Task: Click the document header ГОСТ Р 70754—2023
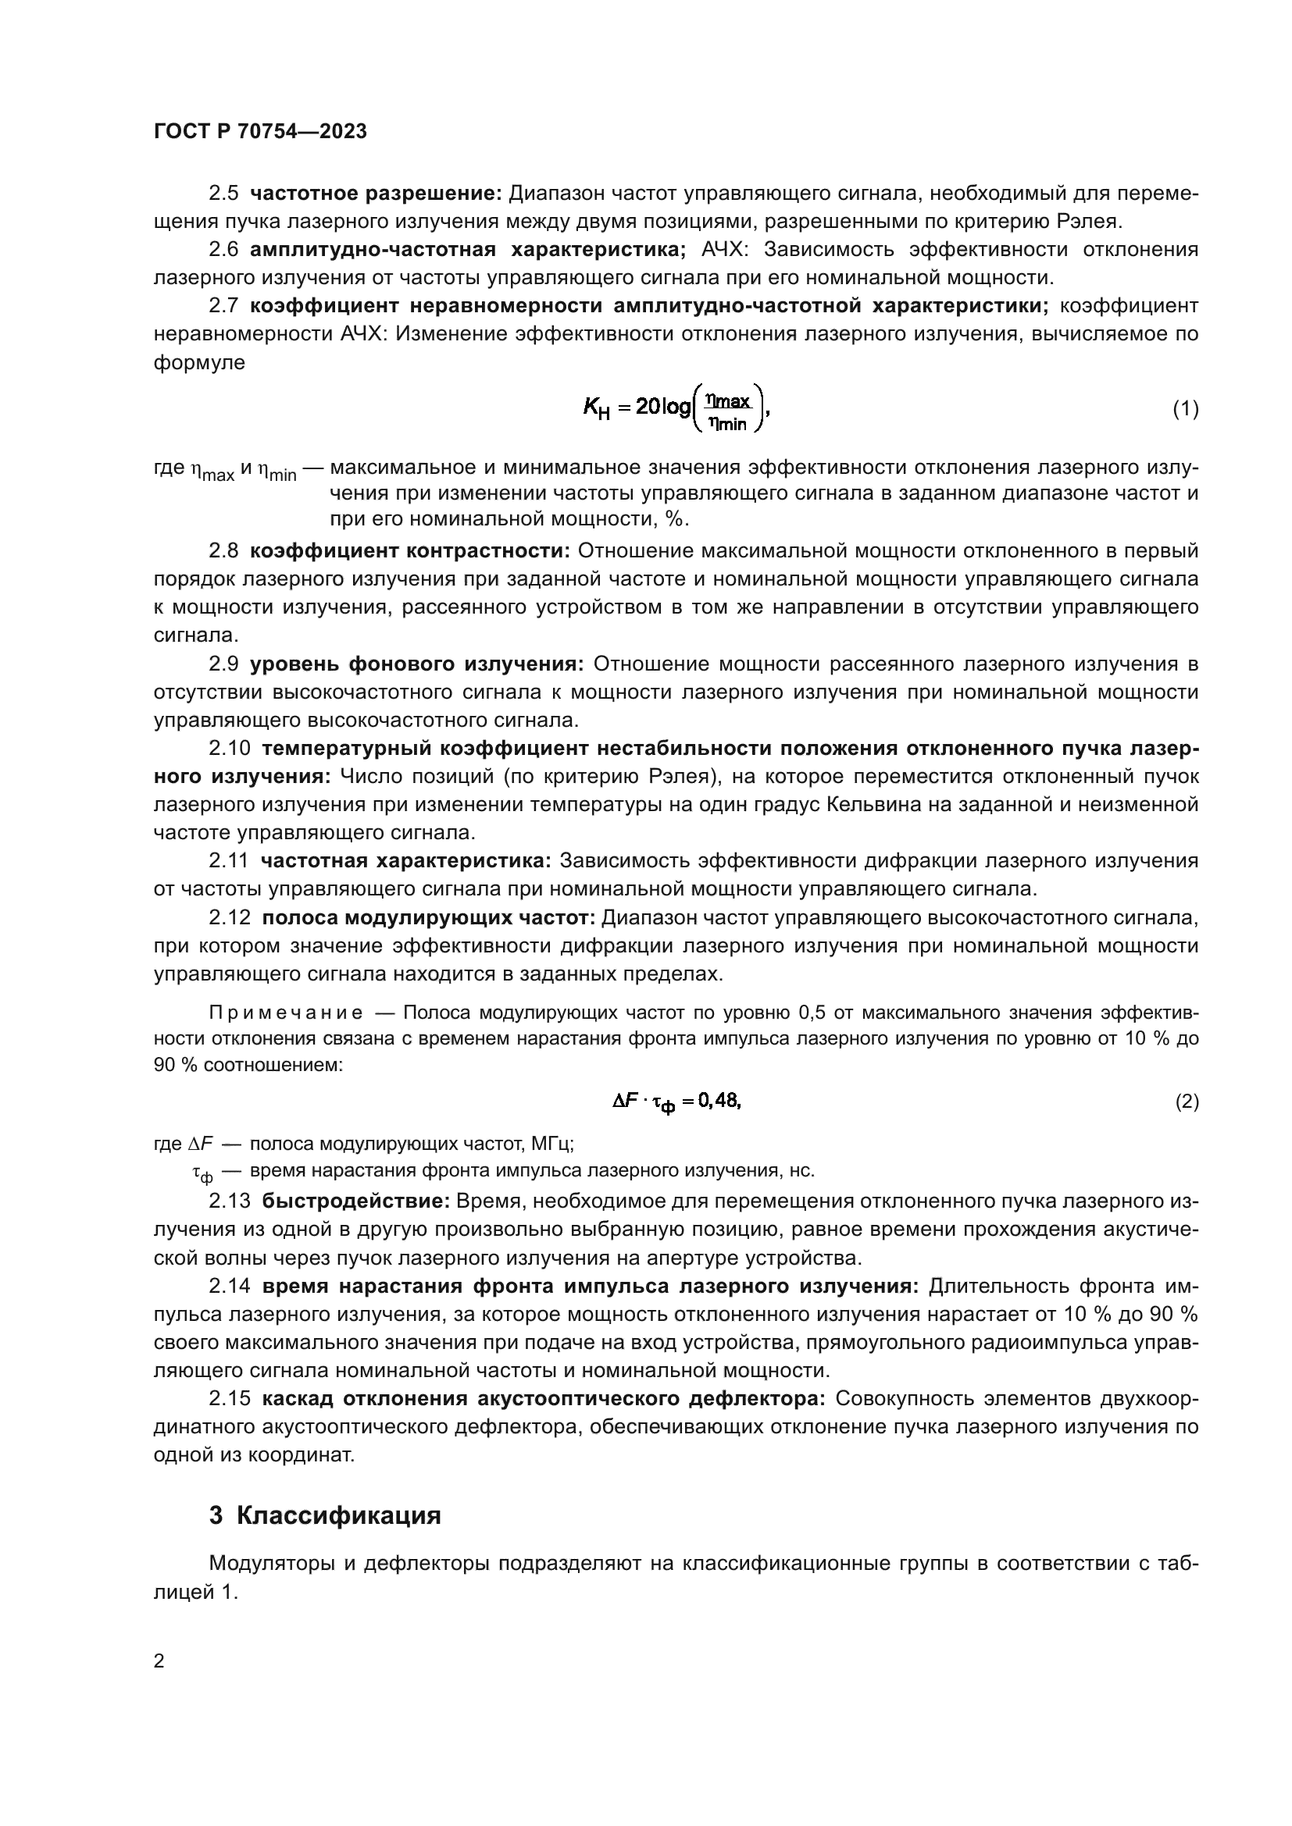pos(260,132)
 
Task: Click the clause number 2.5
pos(223,194)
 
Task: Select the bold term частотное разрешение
pos(376,194)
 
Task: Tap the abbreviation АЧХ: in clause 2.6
pos(725,250)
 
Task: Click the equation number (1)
pos(1186,409)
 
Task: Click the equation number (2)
pos(1186,1102)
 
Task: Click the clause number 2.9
pos(223,664)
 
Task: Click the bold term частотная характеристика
pos(405,860)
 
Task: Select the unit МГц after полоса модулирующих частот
pos(552,1144)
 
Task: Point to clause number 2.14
pos(229,1286)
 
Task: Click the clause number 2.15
pos(229,1399)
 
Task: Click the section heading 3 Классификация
pos(325,1515)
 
